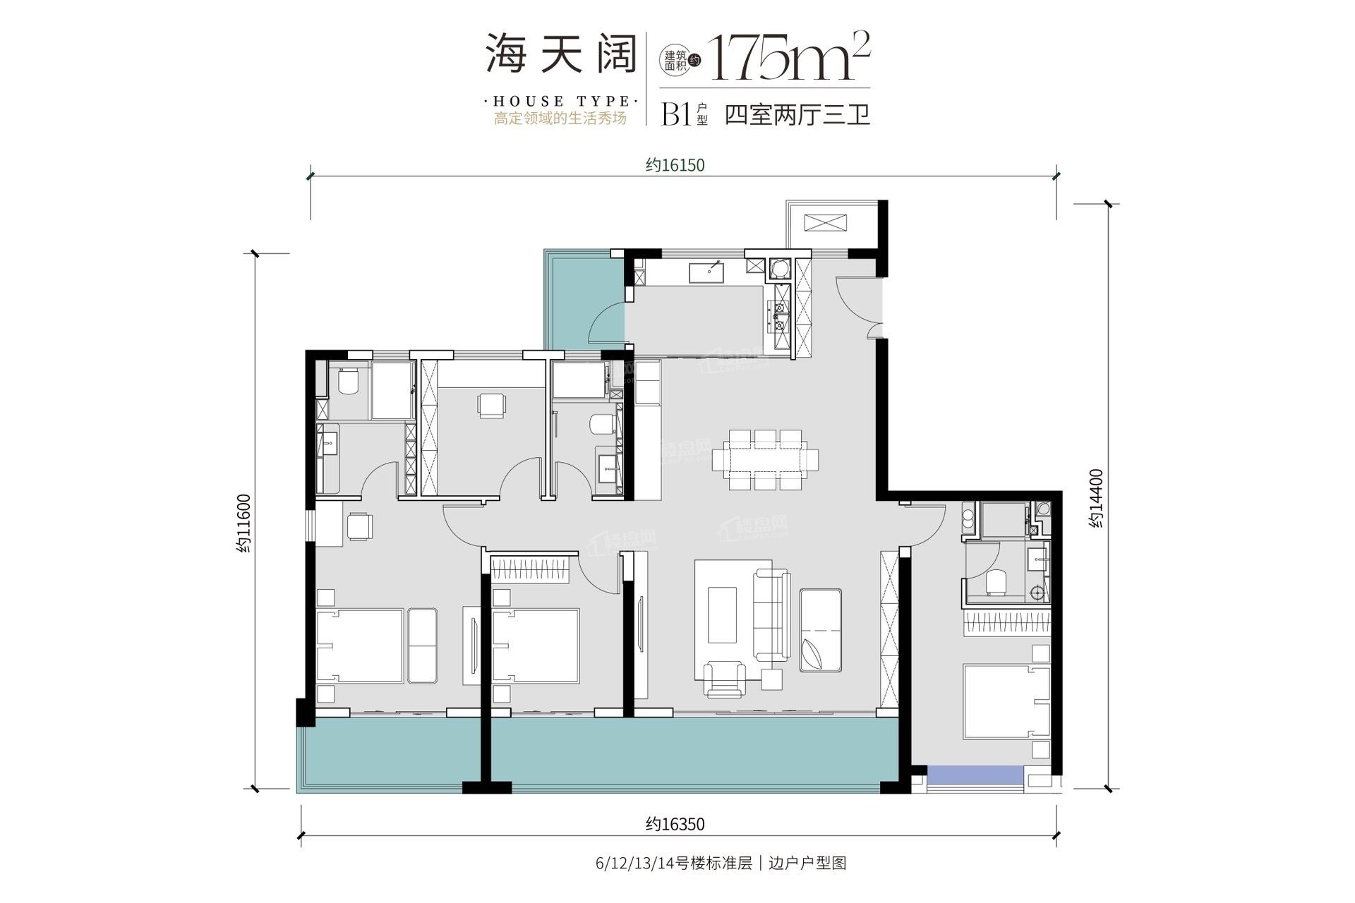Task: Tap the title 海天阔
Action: pos(560,54)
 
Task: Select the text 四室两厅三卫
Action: pos(797,114)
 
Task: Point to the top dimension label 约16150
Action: pos(675,165)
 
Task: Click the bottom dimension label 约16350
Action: pos(675,824)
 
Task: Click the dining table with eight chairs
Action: pos(766,460)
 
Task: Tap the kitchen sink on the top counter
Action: pos(712,272)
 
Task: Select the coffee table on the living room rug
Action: pos(721,614)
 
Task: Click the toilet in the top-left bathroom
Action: pos(348,382)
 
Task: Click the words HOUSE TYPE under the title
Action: pos(561,102)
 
